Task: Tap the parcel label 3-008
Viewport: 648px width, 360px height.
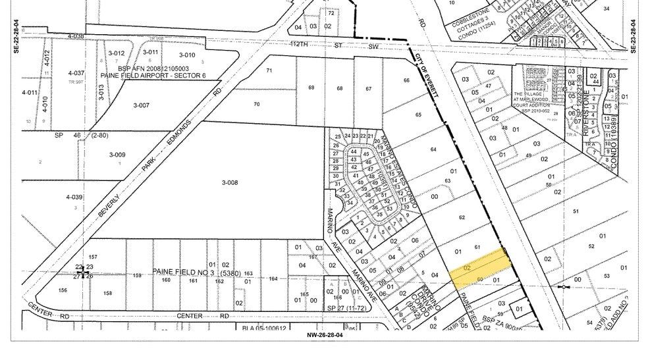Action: [x=230, y=183]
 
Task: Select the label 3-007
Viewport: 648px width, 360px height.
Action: [x=142, y=105]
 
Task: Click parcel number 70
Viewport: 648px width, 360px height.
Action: [x=256, y=104]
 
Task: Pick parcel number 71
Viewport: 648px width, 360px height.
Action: [x=269, y=70]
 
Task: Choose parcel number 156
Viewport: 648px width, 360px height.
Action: [x=63, y=290]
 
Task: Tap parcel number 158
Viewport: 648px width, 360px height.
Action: [x=107, y=294]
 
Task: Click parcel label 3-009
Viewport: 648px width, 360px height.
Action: [x=117, y=155]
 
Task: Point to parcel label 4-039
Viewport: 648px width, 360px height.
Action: [x=74, y=197]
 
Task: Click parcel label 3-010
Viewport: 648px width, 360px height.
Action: [x=186, y=55]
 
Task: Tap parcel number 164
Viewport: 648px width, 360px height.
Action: [x=273, y=278]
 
